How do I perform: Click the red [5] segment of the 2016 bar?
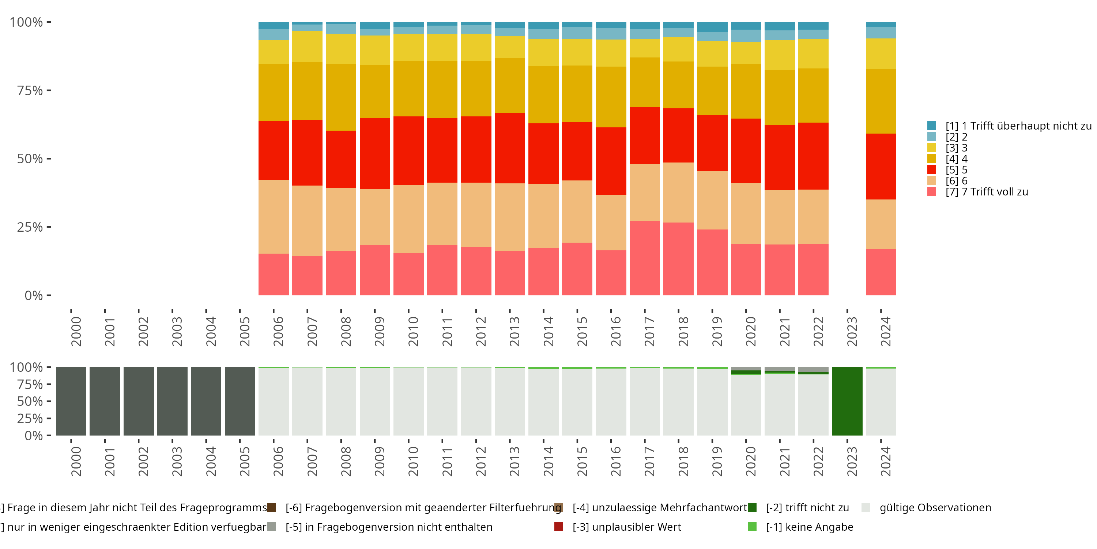pos(611,161)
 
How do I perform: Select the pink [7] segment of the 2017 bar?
pos(644,258)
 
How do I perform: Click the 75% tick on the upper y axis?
pos(30,90)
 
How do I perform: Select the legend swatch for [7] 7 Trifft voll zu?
pos(932,192)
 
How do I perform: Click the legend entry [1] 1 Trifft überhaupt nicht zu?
pos(1016,126)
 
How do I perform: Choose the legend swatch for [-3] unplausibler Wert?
pos(559,527)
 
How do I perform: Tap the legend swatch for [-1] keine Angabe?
pos(752,527)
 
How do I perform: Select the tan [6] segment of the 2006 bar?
pos(274,217)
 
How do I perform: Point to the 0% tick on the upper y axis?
pos(34,295)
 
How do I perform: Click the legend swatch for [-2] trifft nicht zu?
pos(752,508)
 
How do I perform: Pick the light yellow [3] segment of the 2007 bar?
pos(307,46)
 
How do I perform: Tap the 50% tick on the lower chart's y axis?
pos(30,402)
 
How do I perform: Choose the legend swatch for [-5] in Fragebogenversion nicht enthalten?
pos(272,527)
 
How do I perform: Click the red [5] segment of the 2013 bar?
pos(510,148)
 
